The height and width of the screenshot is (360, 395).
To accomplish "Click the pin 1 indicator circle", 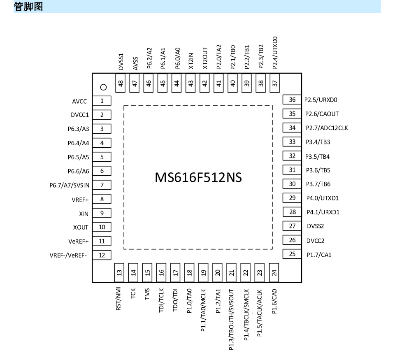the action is click(x=104, y=87).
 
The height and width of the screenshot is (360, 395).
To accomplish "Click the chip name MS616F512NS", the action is click(x=198, y=177).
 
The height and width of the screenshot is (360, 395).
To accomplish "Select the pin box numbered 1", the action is click(x=102, y=101).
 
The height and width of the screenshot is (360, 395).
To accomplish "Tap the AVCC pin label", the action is click(x=79, y=101).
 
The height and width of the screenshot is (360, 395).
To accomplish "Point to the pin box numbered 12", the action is click(x=102, y=255).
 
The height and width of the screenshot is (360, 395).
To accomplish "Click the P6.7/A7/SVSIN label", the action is click(x=69, y=186).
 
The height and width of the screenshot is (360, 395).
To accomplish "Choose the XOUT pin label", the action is click(x=81, y=228).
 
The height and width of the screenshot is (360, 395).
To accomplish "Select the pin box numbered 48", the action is click(x=121, y=83).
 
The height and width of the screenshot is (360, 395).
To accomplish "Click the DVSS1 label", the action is click(x=121, y=61).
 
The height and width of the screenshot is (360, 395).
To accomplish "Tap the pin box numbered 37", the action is click(x=274, y=83).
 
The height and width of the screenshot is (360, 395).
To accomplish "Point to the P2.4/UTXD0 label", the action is click(x=275, y=53).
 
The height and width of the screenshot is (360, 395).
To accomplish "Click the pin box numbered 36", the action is click(x=292, y=100).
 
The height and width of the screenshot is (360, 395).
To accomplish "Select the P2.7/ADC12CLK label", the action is click(x=327, y=128).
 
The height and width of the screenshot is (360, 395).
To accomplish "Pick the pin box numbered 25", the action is click(x=292, y=254).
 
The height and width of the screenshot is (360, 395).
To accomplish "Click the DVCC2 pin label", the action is click(x=316, y=241).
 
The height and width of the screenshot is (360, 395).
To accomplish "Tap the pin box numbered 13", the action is click(x=119, y=273).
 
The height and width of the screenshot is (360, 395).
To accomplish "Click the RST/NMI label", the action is click(x=118, y=299).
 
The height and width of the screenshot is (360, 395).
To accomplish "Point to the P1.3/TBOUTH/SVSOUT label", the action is click(x=231, y=319).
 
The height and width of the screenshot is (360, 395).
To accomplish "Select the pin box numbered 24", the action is click(x=274, y=273).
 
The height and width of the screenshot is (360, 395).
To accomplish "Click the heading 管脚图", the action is click(x=28, y=7).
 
